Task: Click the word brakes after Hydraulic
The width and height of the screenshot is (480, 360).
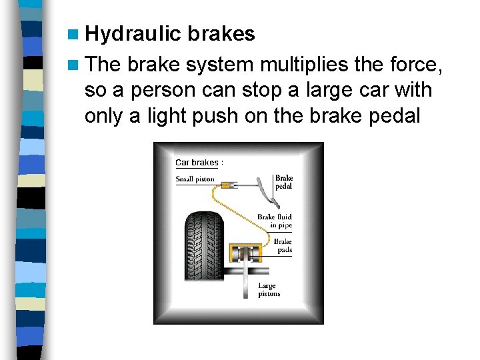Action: [x=221, y=34]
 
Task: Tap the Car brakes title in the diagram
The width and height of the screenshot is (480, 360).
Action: [x=198, y=163]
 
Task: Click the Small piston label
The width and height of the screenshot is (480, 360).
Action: [x=195, y=179]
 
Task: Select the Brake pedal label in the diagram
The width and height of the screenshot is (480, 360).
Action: [x=284, y=182]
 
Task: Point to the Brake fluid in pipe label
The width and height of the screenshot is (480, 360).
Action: [x=275, y=221]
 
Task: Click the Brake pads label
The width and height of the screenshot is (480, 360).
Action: [x=283, y=246]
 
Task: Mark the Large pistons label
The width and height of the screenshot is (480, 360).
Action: [x=269, y=290]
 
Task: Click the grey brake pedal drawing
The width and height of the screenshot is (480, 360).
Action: [x=266, y=193]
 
